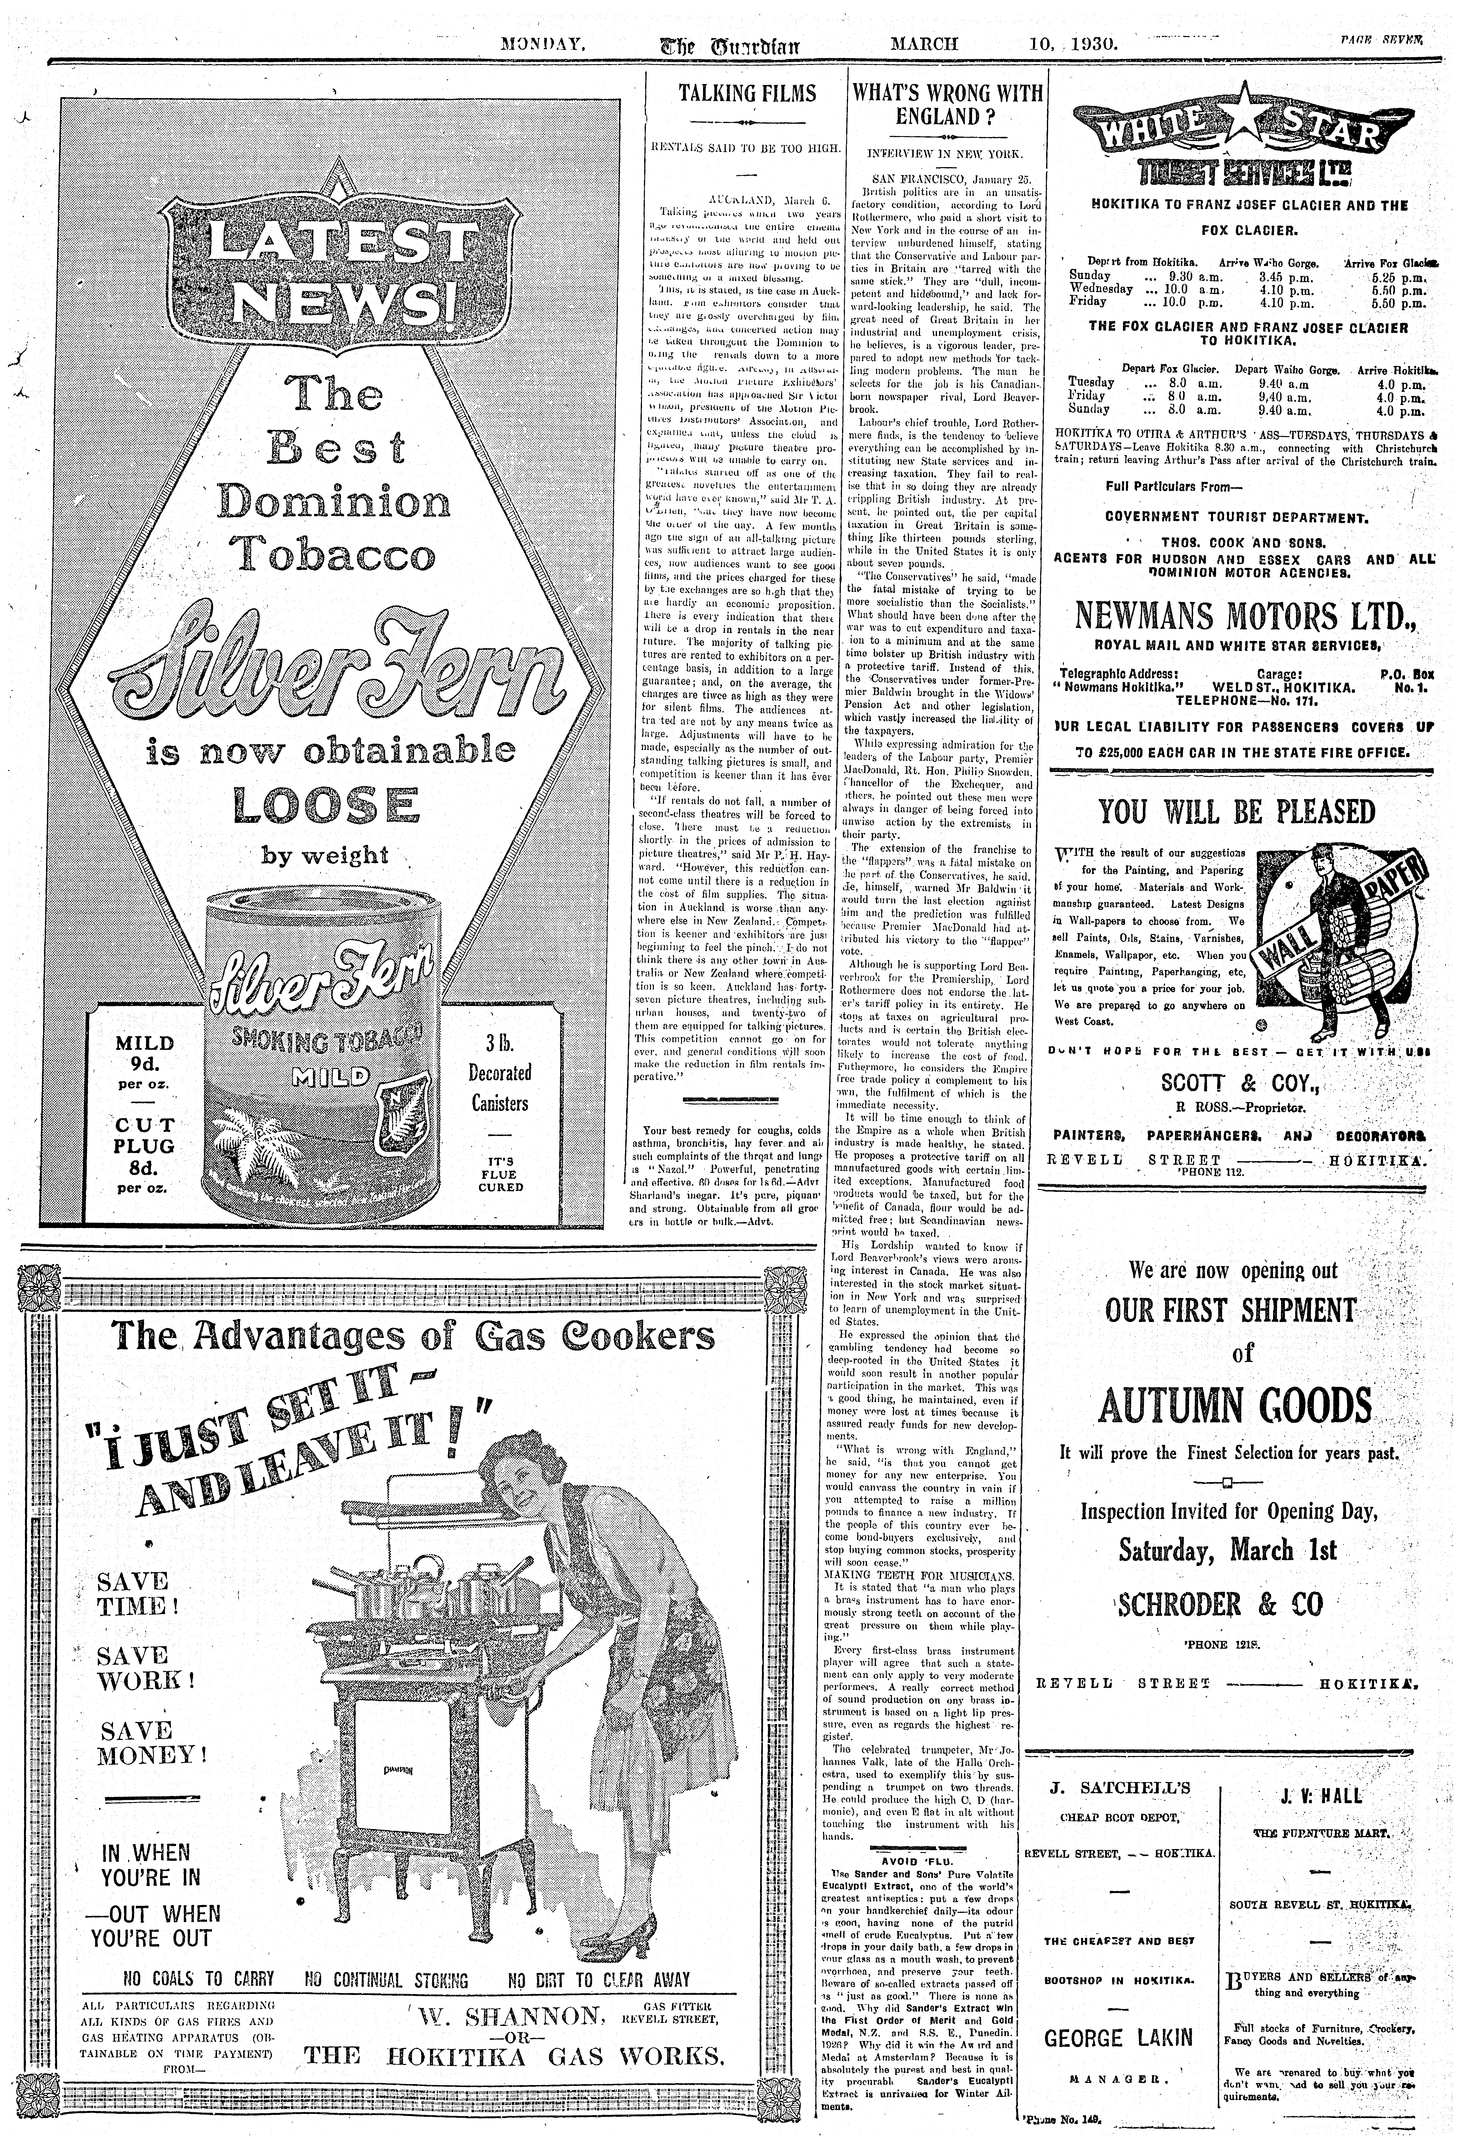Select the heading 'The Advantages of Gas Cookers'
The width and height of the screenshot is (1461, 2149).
tap(412, 1337)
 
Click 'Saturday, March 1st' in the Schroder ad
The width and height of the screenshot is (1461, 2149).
tap(1227, 1550)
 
